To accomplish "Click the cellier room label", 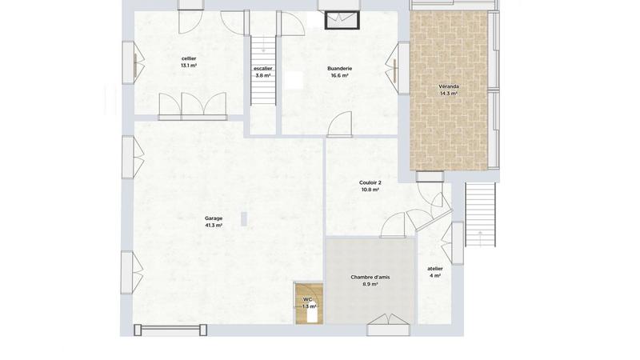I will pos(189,58).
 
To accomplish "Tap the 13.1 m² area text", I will pos(189,66).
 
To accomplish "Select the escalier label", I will pos(262,69).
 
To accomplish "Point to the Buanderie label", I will pos(340,69).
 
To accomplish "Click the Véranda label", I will pos(448,86).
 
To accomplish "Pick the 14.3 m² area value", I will pos(448,94).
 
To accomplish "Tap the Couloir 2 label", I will pos(370,182).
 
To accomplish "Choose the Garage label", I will pos(214,218).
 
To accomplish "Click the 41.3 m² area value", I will pos(214,226).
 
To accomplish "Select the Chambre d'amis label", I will pos(370,277).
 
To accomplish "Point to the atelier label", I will pos(435,269).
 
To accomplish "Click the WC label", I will pos(307,299).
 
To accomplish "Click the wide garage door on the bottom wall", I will pos(170,329).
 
